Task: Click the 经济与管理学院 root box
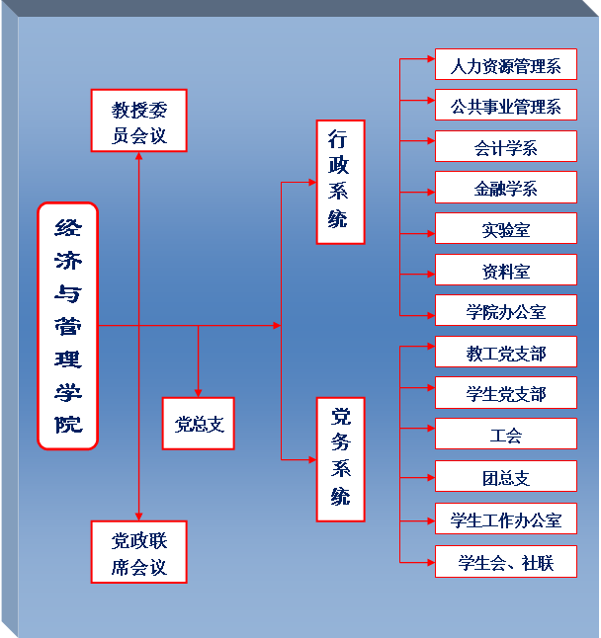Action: coord(68,325)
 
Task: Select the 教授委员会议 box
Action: coord(138,120)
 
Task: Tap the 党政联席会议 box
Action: coord(138,552)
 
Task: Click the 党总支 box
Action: coord(199,424)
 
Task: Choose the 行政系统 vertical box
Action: coord(340,182)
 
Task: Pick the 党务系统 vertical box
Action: coord(340,459)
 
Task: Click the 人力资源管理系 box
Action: coord(505,66)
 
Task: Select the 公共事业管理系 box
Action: coord(505,106)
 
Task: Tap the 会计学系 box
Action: coord(505,147)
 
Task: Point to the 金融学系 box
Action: coord(505,188)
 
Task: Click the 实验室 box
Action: coord(505,229)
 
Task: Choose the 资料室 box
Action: coord(505,271)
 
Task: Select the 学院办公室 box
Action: coord(505,311)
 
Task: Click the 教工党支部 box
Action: coord(505,353)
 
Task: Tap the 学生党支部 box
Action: coord(505,393)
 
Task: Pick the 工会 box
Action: coord(505,435)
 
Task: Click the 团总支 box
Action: coord(505,477)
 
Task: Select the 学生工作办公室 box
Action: coord(505,518)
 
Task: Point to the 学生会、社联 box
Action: coord(505,562)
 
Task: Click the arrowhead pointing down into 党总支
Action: coord(199,392)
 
